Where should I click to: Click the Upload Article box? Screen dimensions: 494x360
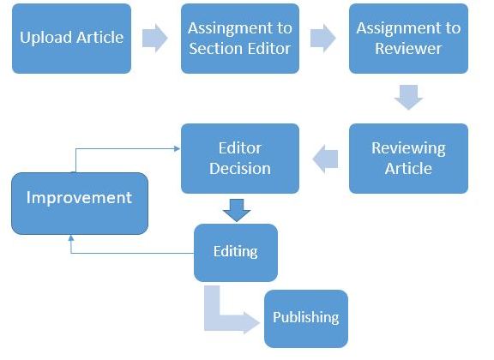point(71,39)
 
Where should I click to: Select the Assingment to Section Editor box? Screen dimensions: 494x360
point(240,39)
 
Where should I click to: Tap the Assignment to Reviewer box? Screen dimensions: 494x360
point(408,39)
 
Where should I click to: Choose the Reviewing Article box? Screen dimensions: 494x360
point(408,159)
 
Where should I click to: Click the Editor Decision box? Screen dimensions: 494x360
point(240,159)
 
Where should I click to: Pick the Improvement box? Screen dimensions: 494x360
point(80,203)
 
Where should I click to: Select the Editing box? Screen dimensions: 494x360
point(236,253)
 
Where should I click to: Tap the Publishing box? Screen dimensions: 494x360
point(306,319)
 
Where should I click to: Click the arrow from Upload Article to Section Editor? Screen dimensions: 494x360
point(154,38)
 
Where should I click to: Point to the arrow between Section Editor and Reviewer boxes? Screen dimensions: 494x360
point(323,38)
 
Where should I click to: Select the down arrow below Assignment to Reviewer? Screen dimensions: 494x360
point(408,97)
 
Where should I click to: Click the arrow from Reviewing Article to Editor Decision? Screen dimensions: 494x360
point(325,159)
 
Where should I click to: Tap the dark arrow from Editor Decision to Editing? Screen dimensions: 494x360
point(237,210)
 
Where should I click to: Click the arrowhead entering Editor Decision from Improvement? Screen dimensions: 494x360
point(177,148)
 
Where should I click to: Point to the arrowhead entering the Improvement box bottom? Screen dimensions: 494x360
point(71,238)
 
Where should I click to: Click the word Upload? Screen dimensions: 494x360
point(46,38)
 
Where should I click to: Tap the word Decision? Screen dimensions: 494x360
point(240,169)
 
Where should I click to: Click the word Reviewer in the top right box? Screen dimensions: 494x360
point(408,49)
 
